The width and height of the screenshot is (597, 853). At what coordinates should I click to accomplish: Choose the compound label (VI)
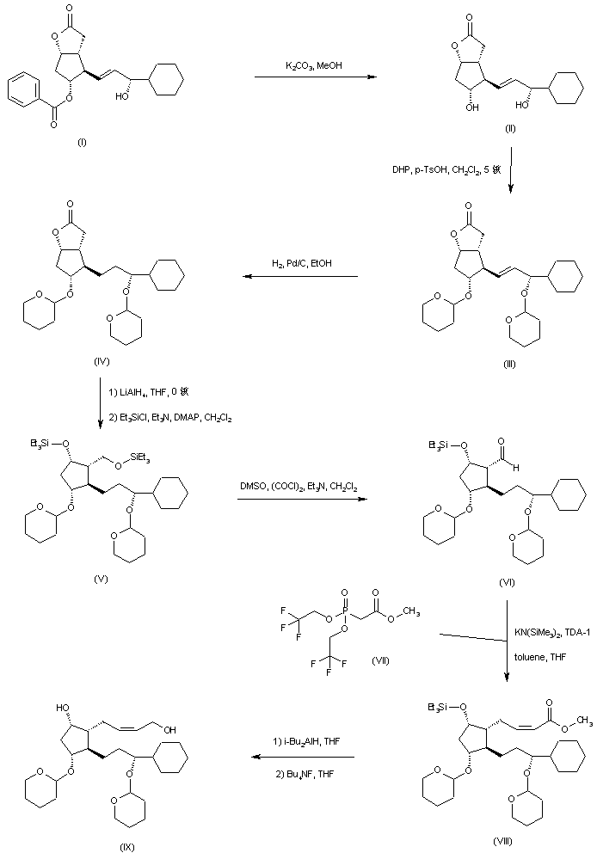tap(508, 582)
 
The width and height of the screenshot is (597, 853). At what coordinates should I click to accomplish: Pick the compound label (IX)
tap(126, 847)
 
